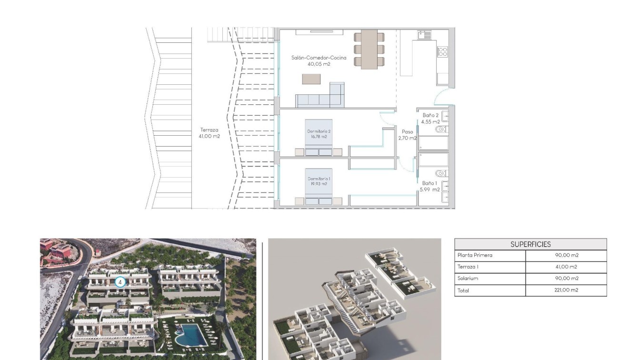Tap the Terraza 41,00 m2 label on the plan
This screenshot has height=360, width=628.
(209, 133)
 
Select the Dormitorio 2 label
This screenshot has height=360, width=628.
(319, 133)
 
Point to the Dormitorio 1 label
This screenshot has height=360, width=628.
(319, 181)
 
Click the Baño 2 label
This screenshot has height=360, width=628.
(430, 118)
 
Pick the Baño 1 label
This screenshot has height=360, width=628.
(429, 186)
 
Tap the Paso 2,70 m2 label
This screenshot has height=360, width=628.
(407, 135)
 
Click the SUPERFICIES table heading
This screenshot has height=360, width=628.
(530, 244)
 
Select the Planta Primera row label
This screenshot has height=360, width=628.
(475, 255)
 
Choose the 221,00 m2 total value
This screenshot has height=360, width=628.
(566, 290)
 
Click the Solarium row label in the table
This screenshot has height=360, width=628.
(468, 279)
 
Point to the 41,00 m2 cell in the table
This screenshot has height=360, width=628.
(566, 267)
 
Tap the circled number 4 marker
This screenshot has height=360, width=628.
(120, 282)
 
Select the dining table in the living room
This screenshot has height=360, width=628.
(369, 50)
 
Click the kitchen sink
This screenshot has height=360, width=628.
(424, 35)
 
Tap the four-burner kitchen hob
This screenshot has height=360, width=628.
(442, 51)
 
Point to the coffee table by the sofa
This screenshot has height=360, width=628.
(311, 79)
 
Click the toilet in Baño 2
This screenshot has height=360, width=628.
(441, 129)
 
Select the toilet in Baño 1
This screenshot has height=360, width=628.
(441, 173)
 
